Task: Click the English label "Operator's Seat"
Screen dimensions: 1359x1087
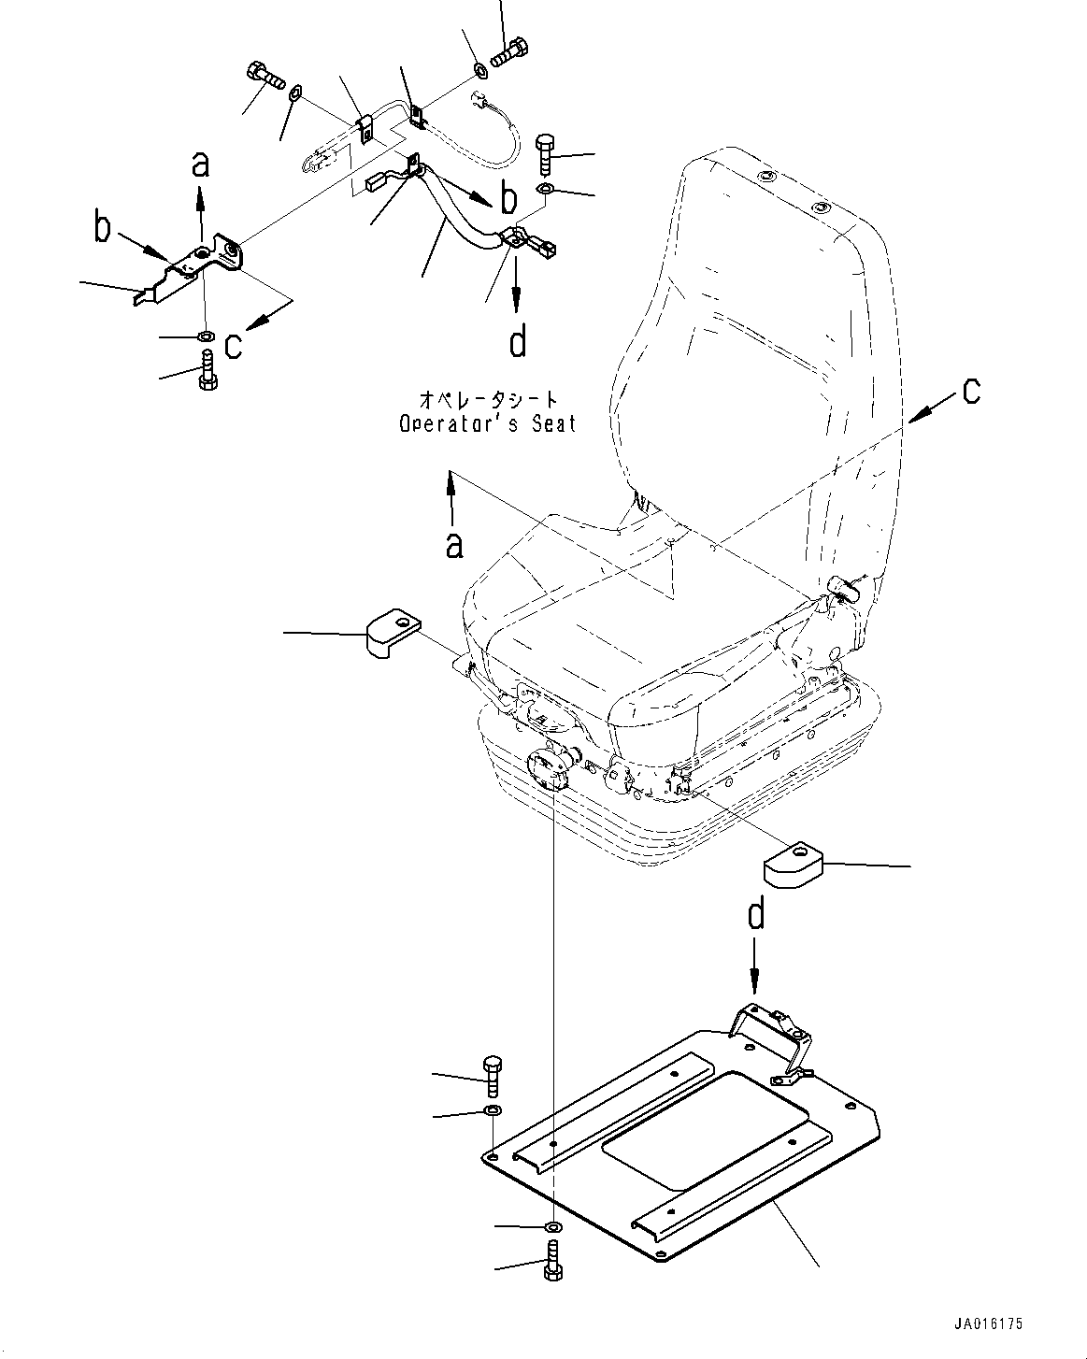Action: click(487, 423)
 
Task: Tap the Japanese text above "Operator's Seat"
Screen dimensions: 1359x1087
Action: click(484, 400)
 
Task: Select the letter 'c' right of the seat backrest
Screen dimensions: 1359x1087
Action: click(971, 390)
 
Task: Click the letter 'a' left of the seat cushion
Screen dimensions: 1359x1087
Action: click(453, 543)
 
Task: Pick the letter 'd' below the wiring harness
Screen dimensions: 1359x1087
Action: click(517, 341)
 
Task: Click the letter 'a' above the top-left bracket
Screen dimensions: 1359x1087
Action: click(200, 164)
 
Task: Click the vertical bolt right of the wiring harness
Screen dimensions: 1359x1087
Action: click(546, 152)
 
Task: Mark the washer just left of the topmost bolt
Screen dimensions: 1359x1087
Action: click(479, 68)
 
